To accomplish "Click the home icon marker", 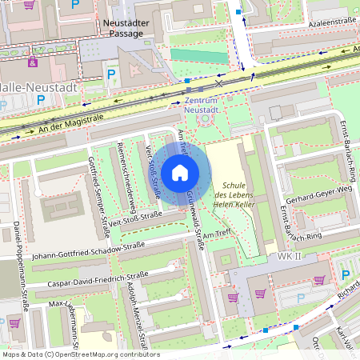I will [180, 172].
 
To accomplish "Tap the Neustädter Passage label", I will [127, 29].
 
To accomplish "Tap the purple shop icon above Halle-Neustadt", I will [33, 62].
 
